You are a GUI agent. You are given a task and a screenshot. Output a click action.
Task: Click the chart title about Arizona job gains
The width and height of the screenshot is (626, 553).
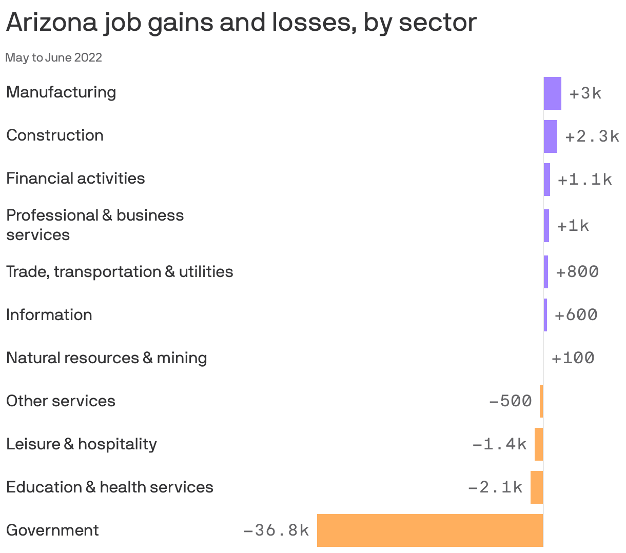pyautogui.click(x=241, y=23)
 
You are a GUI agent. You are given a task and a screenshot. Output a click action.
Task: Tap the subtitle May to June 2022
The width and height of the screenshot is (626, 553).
pyautogui.click(x=54, y=57)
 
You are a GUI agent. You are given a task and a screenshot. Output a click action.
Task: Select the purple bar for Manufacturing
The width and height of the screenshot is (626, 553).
pyautogui.click(x=553, y=93)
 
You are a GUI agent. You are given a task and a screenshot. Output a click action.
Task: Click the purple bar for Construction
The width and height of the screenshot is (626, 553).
pyautogui.click(x=551, y=136)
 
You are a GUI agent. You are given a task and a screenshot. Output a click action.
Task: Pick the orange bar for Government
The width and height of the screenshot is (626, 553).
pyautogui.click(x=430, y=530)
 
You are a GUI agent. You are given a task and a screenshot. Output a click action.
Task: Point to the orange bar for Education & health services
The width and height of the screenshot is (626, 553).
pyautogui.click(x=537, y=487)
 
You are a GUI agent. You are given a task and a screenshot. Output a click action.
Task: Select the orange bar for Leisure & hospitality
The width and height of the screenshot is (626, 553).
pyautogui.click(x=539, y=444)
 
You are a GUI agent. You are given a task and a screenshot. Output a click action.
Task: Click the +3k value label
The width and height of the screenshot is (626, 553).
pyautogui.click(x=585, y=93)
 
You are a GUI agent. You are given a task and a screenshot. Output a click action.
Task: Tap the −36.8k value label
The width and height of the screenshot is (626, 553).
pyautogui.click(x=276, y=530)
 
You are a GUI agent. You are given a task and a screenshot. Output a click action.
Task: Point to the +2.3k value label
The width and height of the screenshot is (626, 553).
pyautogui.click(x=592, y=136)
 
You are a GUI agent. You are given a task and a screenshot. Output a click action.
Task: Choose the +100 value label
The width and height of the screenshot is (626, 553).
pyautogui.click(x=573, y=358)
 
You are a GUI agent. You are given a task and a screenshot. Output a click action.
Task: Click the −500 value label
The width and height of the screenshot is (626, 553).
pyautogui.click(x=511, y=401)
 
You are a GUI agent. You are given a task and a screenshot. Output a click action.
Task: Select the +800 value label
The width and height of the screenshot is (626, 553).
pyautogui.click(x=577, y=272)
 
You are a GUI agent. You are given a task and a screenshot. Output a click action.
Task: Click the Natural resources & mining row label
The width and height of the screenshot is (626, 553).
pyautogui.click(x=107, y=358)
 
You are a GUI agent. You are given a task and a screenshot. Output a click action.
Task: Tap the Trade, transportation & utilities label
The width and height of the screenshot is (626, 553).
pyautogui.click(x=120, y=272)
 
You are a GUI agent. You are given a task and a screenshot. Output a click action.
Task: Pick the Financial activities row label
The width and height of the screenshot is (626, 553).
pyautogui.click(x=75, y=179)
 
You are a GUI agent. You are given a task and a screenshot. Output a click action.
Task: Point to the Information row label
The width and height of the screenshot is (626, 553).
pyautogui.click(x=49, y=315)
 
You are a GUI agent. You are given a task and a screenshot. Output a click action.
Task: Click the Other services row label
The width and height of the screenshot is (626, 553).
pyautogui.click(x=61, y=401)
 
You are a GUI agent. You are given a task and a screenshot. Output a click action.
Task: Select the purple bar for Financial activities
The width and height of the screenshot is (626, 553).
pyautogui.click(x=547, y=180)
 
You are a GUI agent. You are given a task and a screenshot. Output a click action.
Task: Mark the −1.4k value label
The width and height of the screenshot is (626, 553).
pyautogui.click(x=499, y=444)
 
